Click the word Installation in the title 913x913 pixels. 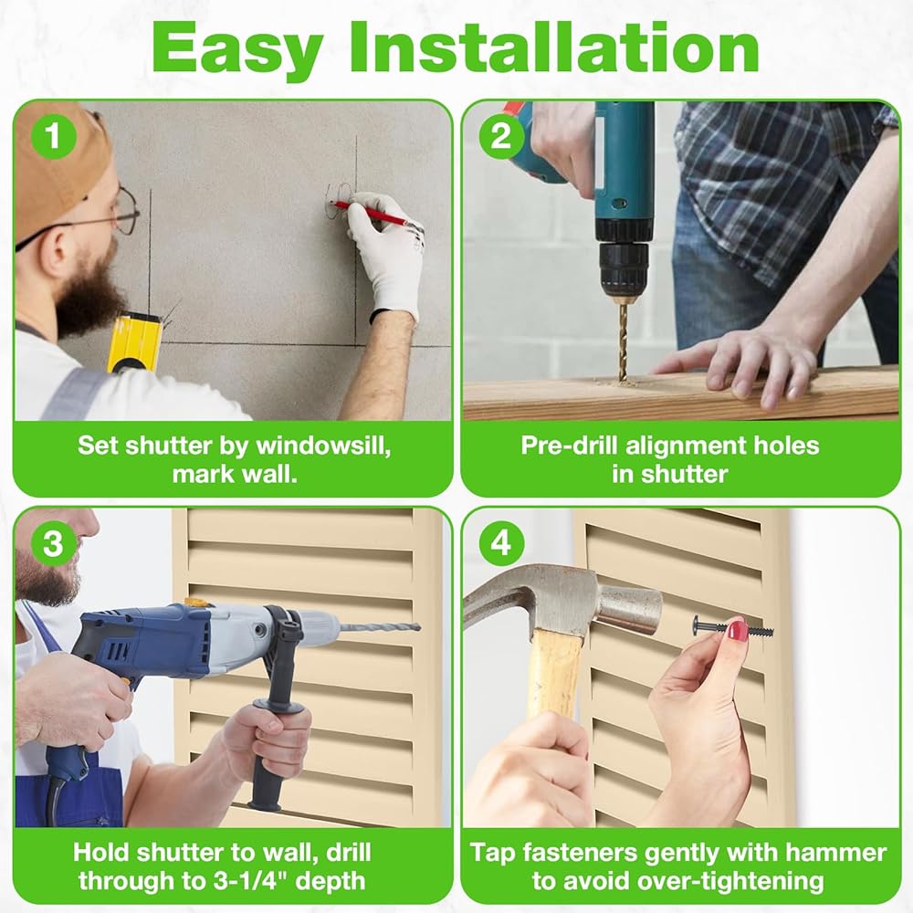coord(554,47)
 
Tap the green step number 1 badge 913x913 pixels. coord(54,136)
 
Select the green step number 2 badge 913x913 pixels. coord(501,136)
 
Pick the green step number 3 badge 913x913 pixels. coord(54,543)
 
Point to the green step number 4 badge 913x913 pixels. coord(501,543)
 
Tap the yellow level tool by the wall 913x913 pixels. coord(133,343)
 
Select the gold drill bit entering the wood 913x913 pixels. coord(624,342)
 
